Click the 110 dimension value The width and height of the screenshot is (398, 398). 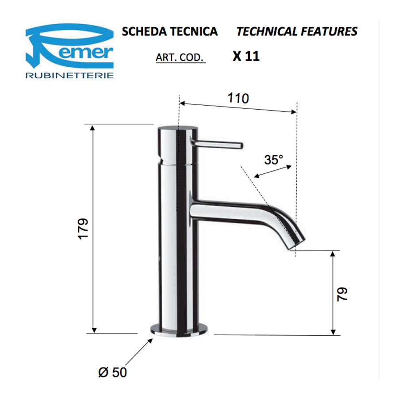[x=238, y=98]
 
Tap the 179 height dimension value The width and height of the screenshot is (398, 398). [x=83, y=229]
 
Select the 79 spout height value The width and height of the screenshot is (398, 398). [x=342, y=294]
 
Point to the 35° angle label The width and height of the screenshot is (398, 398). [x=274, y=160]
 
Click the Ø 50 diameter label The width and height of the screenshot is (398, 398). [x=112, y=372]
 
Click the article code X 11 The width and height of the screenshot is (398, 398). [x=246, y=56]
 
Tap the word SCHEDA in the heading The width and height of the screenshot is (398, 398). [x=145, y=31]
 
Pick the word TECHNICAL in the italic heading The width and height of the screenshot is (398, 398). [x=267, y=31]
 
